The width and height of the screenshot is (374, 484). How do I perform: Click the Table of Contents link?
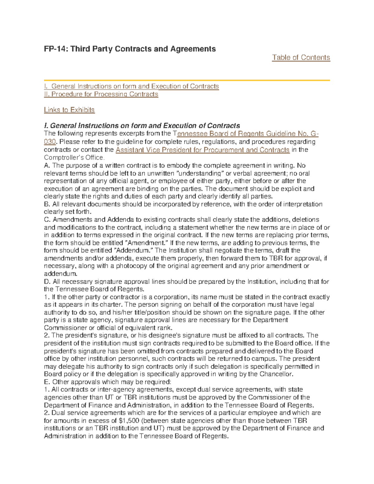point(301,58)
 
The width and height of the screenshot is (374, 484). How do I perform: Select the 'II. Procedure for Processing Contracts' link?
point(101,94)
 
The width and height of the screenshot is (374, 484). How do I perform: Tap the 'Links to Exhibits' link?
point(69,110)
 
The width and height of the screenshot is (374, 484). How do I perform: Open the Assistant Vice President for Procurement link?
point(203,150)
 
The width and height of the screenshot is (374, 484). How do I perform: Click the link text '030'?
point(50,142)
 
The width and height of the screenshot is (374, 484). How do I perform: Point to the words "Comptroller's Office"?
point(74,157)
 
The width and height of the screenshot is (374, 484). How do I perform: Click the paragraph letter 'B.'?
point(47,204)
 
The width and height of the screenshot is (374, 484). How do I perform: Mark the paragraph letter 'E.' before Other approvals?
point(47,382)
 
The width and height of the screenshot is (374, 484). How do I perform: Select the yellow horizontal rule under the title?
point(187,80)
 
